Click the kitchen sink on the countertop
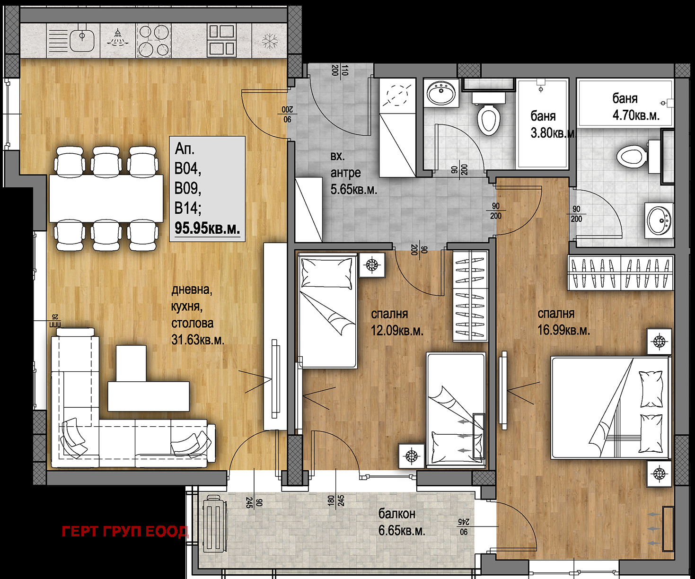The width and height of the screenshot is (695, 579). pyautogui.click(x=82, y=40)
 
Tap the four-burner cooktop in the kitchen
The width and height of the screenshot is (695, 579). pyautogui.click(x=153, y=40)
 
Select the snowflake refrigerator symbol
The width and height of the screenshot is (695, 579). pyautogui.click(x=270, y=41)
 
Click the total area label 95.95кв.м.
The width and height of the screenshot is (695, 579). pyautogui.click(x=207, y=228)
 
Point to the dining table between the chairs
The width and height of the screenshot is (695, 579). pyautogui.click(x=106, y=199)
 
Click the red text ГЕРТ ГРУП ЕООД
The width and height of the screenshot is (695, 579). pyautogui.click(x=125, y=532)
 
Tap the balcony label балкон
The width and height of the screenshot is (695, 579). pyautogui.click(x=397, y=514)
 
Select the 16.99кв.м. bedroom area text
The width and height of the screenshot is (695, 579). pyautogui.click(x=563, y=331)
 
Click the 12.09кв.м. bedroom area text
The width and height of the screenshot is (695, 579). pyautogui.click(x=397, y=331)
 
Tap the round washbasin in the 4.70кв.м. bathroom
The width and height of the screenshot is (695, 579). pyautogui.click(x=659, y=220)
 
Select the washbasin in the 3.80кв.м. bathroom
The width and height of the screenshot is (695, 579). pyautogui.click(x=441, y=93)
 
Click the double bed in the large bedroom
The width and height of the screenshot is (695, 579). pyautogui.click(x=611, y=408)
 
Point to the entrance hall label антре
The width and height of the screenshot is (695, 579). pyautogui.click(x=345, y=173)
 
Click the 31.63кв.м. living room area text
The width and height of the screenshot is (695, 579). pyautogui.click(x=198, y=340)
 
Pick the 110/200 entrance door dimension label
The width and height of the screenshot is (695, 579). pyautogui.click(x=340, y=70)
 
